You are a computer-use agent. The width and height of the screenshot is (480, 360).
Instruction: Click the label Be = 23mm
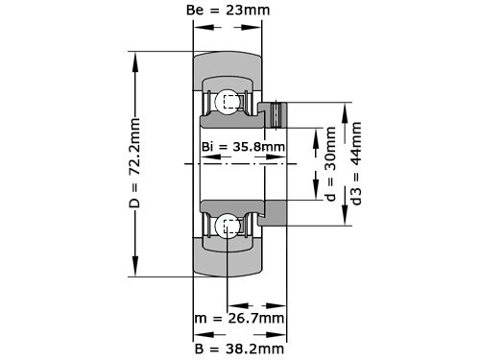(227, 11)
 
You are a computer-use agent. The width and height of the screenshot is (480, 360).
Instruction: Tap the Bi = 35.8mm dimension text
(243, 147)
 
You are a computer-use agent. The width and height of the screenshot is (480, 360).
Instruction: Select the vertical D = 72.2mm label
(135, 164)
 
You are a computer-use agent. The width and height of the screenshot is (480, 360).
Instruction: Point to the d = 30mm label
(331, 164)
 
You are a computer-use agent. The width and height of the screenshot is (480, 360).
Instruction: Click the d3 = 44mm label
(357, 164)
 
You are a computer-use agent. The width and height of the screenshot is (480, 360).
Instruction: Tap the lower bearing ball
(228, 227)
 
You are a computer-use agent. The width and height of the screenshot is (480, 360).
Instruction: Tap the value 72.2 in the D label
(135, 153)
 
